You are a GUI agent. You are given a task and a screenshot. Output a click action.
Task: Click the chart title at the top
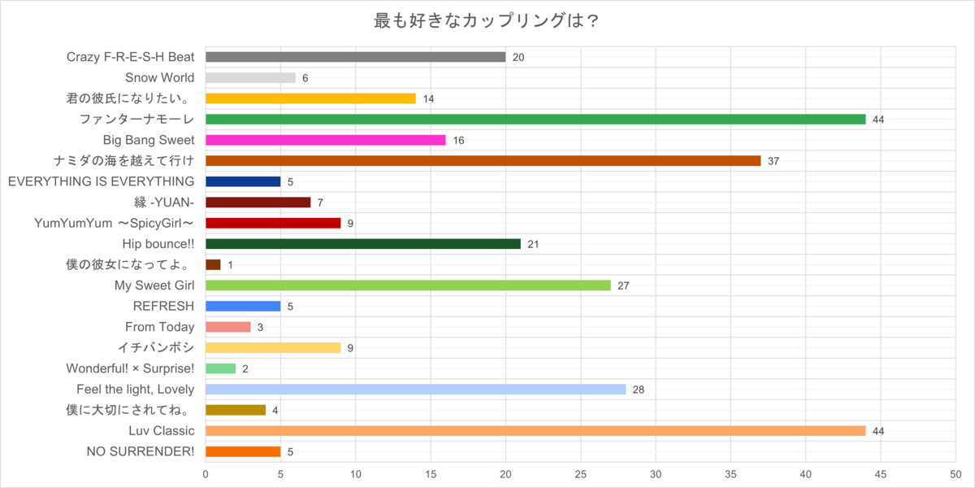click(x=487, y=20)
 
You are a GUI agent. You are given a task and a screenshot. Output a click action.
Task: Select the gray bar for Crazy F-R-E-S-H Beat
click(x=356, y=57)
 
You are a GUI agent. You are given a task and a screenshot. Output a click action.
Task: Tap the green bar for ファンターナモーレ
click(x=535, y=120)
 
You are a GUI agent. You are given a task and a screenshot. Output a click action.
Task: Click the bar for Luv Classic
click(x=535, y=431)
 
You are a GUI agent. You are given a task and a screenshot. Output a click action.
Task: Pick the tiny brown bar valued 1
click(x=213, y=265)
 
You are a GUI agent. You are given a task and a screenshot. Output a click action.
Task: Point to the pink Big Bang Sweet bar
click(x=326, y=140)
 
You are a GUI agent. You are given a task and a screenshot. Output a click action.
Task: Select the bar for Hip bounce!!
click(x=363, y=244)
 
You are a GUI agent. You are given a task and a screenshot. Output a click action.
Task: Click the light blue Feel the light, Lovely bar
click(x=416, y=390)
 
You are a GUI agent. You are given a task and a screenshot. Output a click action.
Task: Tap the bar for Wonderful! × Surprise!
click(x=221, y=368)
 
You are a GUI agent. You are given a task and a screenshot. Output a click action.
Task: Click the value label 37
click(x=773, y=161)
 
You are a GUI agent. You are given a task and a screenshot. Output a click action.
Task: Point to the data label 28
click(x=639, y=390)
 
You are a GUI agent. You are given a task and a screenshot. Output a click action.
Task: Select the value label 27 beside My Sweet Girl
click(x=623, y=285)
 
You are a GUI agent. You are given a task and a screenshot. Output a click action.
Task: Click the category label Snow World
click(x=160, y=77)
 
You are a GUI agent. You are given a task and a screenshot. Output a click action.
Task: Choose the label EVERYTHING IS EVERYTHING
click(x=101, y=181)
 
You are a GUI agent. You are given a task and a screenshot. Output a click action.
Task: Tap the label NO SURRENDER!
click(x=141, y=451)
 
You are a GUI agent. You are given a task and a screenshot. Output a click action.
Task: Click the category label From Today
click(x=160, y=327)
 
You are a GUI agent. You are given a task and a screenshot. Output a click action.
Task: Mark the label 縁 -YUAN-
click(x=164, y=203)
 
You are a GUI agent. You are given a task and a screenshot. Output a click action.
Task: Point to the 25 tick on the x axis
click(x=581, y=474)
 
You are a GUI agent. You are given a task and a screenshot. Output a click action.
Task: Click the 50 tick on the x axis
click(x=955, y=474)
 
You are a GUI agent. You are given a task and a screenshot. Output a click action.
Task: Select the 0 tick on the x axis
click(x=206, y=474)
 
